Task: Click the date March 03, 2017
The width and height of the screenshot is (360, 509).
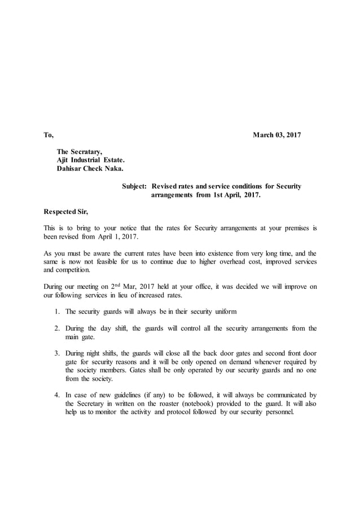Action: (276, 135)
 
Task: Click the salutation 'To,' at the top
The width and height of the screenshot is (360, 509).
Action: (49, 135)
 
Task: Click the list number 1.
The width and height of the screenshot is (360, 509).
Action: (58, 311)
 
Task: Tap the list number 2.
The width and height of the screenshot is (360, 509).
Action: (58, 328)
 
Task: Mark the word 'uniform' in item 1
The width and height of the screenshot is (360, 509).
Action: (224, 311)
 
